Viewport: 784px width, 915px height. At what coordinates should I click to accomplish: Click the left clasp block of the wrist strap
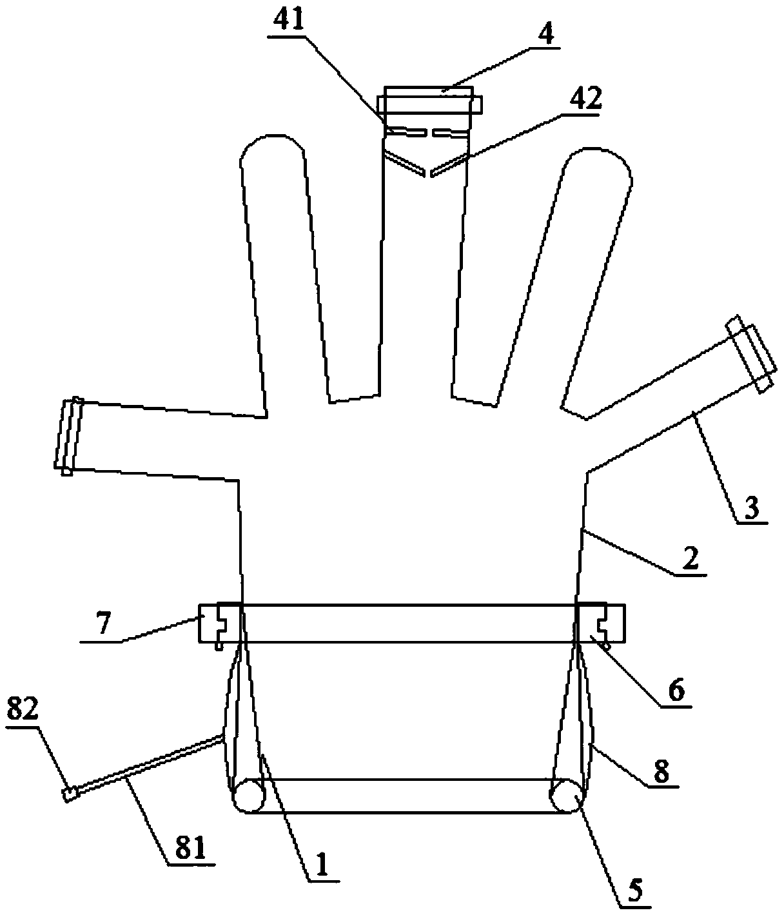[x=220, y=623]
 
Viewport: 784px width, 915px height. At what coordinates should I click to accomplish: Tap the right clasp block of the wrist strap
[x=600, y=623]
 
